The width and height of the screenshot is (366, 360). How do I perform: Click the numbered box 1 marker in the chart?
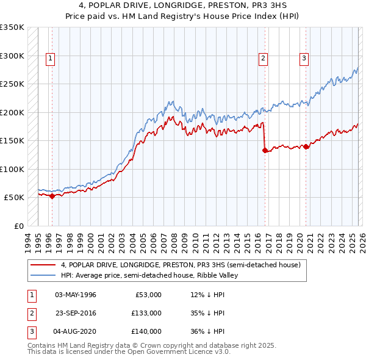click(x=50, y=59)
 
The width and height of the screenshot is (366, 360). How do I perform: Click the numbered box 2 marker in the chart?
click(x=263, y=59)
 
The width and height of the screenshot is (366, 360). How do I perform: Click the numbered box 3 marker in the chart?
click(x=303, y=59)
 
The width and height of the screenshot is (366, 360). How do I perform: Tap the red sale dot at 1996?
click(x=52, y=196)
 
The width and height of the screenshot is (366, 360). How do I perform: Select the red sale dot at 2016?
click(x=265, y=151)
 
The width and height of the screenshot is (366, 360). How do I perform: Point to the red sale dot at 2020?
click(x=306, y=146)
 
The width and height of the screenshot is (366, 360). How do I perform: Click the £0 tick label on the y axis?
click(x=18, y=226)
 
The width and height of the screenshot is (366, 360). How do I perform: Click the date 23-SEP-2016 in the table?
click(x=75, y=313)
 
